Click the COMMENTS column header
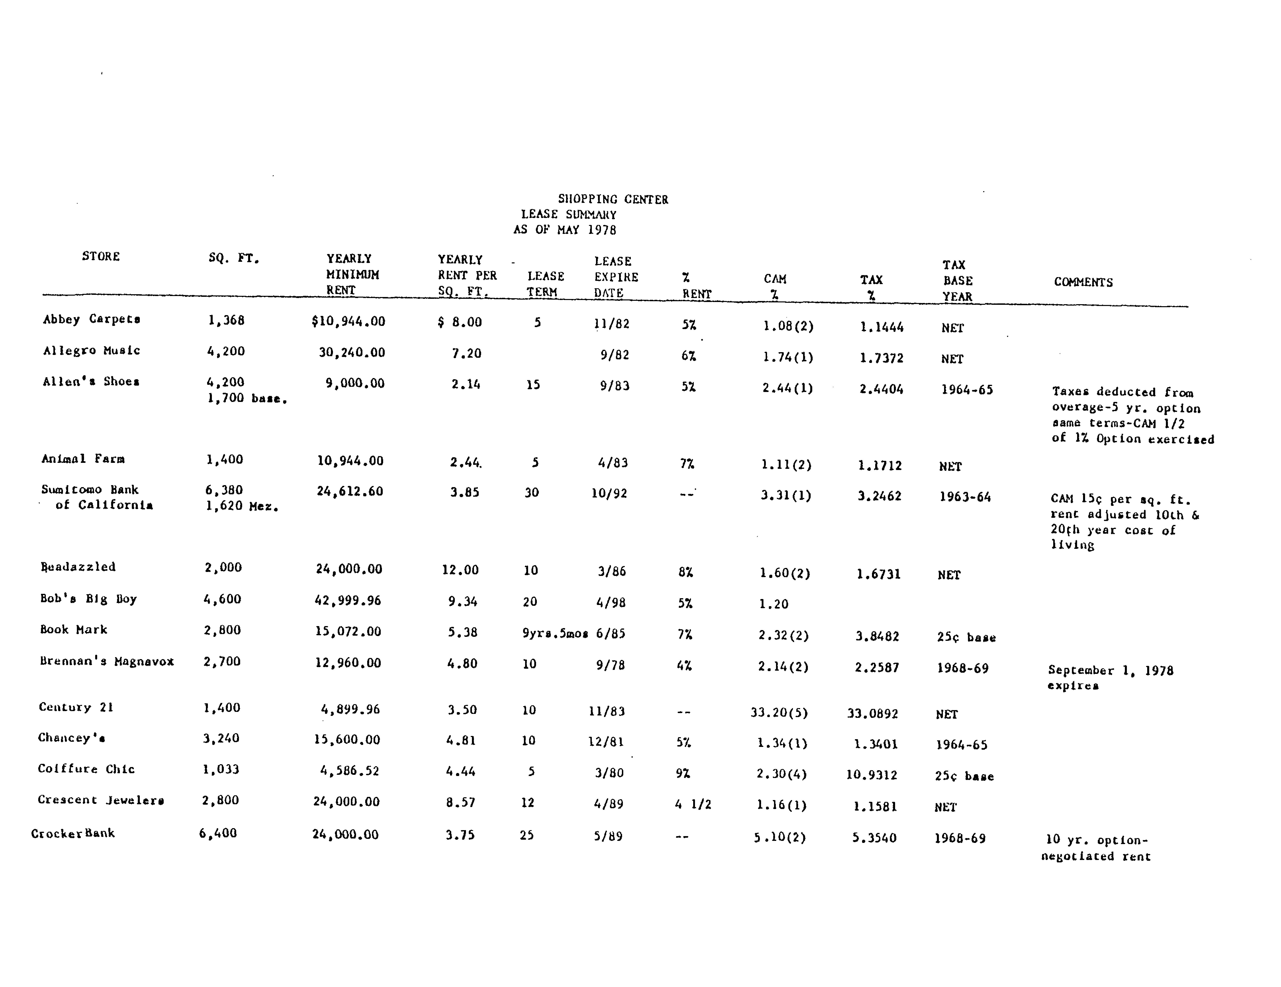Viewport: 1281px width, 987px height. pos(1083,282)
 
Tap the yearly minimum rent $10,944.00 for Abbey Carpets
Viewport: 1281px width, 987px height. pos(348,321)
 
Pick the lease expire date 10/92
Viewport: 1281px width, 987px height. pos(609,493)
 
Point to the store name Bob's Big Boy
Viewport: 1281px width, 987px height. pos(88,599)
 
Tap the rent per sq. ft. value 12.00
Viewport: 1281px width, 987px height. pos(460,569)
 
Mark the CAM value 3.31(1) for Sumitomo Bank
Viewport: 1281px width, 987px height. pos(786,495)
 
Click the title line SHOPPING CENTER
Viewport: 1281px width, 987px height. pos(613,199)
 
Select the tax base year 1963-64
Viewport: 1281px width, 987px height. pos(965,497)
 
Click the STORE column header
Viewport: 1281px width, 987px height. pos(101,256)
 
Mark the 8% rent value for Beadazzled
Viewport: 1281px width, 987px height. pos(685,572)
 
